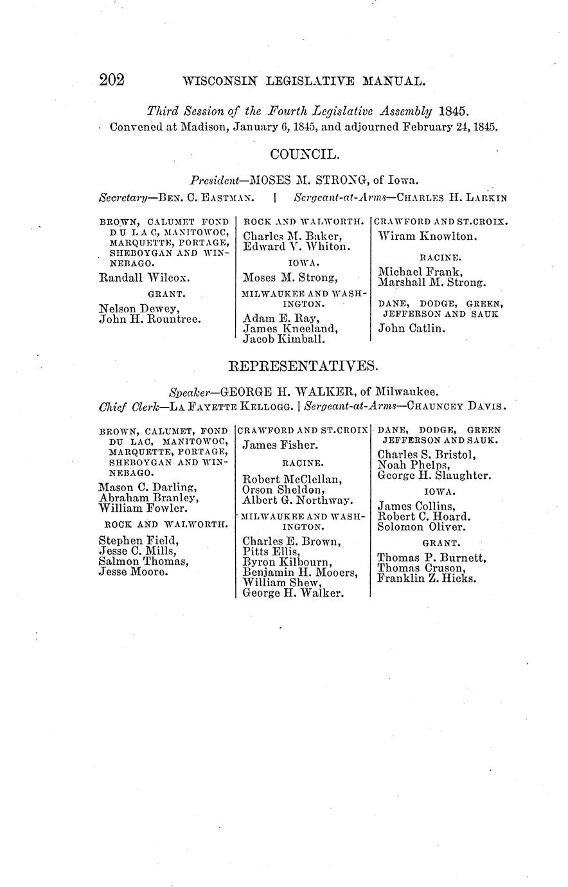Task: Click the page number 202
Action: pyautogui.click(x=111, y=80)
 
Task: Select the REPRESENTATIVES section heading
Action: pyautogui.click(x=304, y=366)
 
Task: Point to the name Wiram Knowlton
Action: pyautogui.click(x=427, y=237)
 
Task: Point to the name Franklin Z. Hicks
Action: pyautogui.click(x=427, y=578)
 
